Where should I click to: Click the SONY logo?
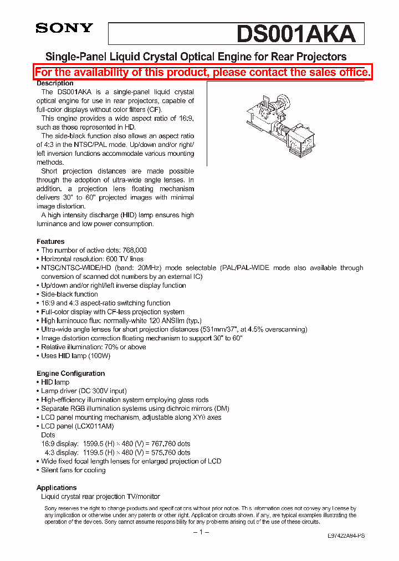(64, 28)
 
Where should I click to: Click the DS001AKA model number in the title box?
(295, 34)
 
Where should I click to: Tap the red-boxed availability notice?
(202, 72)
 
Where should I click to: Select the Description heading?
(55, 83)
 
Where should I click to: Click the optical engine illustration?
(280, 125)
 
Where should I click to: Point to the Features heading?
(50, 242)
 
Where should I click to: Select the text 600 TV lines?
(124, 259)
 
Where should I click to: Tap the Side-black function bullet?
(69, 294)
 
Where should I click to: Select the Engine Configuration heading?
(70, 374)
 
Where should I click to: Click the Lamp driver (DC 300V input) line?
(84, 391)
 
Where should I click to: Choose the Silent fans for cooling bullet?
(73, 470)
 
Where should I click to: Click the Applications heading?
(57, 488)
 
